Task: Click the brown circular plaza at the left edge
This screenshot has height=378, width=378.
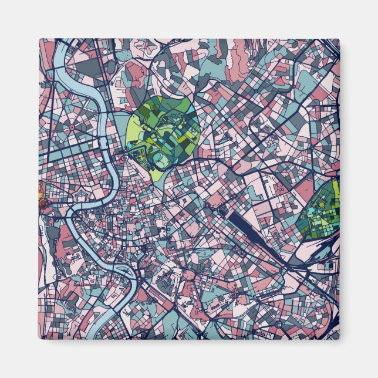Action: pyautogui.click(x=42, y=204)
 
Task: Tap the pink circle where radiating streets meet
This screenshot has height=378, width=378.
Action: pyautogui.click(x=73, y=126)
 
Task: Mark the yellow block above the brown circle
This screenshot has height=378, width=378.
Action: pyautogui.click(x=41, y=190)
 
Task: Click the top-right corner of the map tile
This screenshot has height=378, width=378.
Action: pyautogui.click(x=339, y=39)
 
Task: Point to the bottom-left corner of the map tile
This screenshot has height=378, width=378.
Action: pyautogui.click(x=39, y=339)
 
